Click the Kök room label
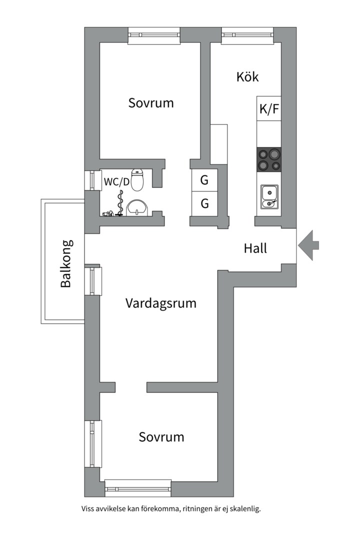pyautogui.click(x=247, y=77)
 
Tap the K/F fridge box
pyautogui.click(x=269, y=108)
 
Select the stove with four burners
pyautogui.click(x=269, y=159)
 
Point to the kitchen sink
pyautogui.click(x=269, y=196)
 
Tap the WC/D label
pyautogui.click(x=116, y=181)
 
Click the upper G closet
pyautogui.click(x=204, y=180)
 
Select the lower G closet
pyautogui.click(x=204, y=204)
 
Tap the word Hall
pyautogui.click(x=255, y=248)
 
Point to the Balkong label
pyautogui.click(x=66, y=263)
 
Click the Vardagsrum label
pyautogui.click(x=160, y=303)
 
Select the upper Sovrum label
pyautogui.click(x=151, y=103)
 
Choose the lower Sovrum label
pyautogui.click(x=161, y=437)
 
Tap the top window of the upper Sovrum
pyautogui.click(x=153, y=35)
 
